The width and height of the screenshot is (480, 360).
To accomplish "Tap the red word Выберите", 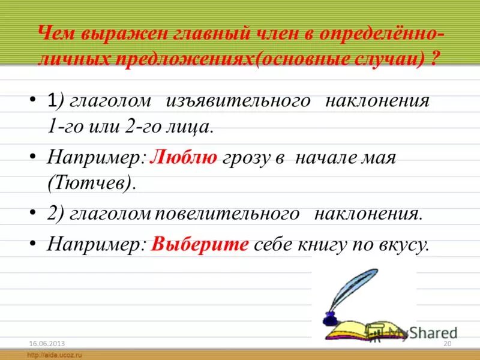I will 200,245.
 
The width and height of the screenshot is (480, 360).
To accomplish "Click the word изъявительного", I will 238,100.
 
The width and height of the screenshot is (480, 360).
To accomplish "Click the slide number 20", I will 446,343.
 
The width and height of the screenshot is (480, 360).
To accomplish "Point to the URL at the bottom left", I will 54,355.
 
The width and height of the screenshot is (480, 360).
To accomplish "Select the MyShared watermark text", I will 420,332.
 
